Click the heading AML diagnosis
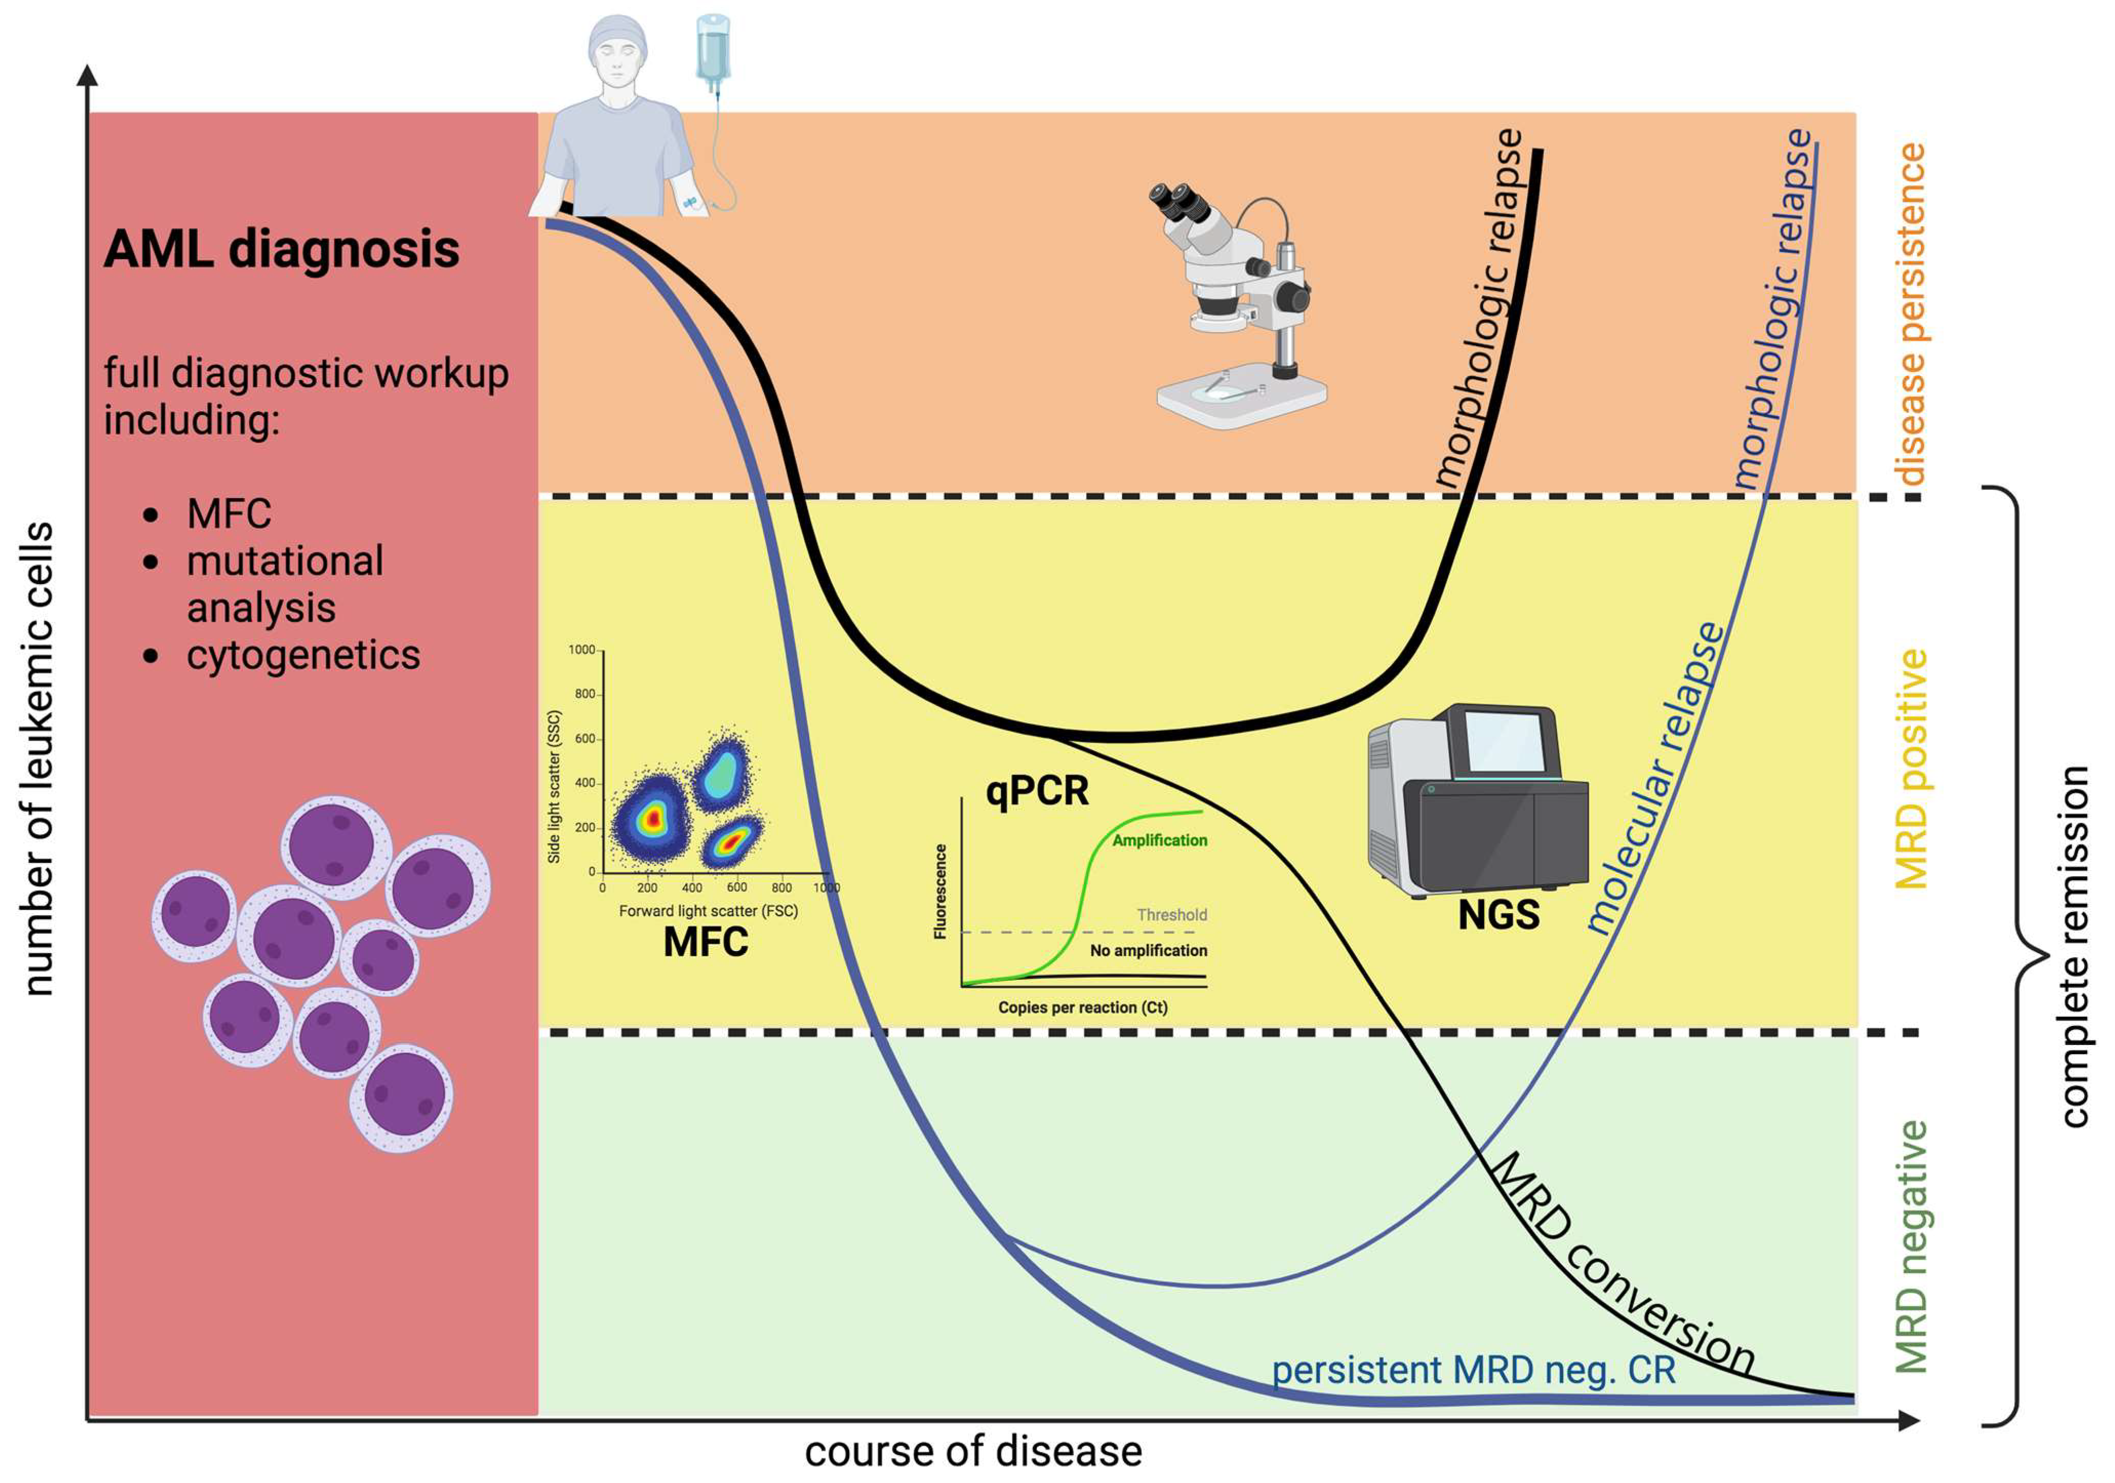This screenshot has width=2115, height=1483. coord(281,250)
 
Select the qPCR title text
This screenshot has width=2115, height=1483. coord(1036,790)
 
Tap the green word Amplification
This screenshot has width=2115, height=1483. coord(1159,840)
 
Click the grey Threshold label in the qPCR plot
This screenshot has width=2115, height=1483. coord(1171,915)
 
